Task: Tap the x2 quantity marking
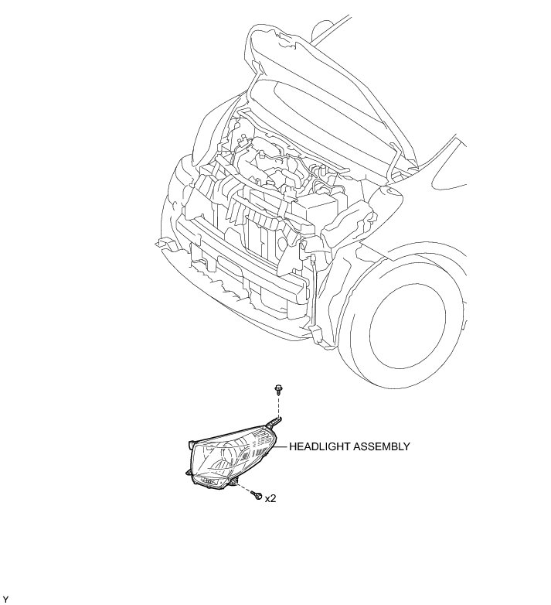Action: (270, 499)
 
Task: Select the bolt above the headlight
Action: (277, 389)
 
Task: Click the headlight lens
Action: (229, 460)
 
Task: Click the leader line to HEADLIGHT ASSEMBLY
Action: (281, 446)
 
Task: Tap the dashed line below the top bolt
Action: (277, 405)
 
